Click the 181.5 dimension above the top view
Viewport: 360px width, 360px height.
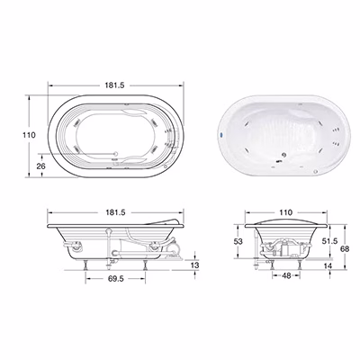pyautogui.click(x=114, y=85)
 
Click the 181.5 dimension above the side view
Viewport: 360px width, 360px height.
pyautogui.click(x=115, y=212)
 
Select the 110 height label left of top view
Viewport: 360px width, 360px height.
pyautogui.click(x=29, y=135)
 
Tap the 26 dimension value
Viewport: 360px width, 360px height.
pyautogui.click(x=40, y=166)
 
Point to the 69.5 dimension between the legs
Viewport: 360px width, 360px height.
pyautogui.click(x=115, y=279)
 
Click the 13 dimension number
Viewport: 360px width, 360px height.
pyautogui.click(x=194, y=265)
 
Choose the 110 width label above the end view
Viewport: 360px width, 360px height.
pyautogui.click(x=285, y=212)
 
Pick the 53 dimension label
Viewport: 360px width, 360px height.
pyautogui.click(x=238, y=241)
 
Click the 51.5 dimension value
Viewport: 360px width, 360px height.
pyautogui.click(x=329, y=240)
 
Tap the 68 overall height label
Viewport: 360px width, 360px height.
pyautogui.click(x=345, y=248)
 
